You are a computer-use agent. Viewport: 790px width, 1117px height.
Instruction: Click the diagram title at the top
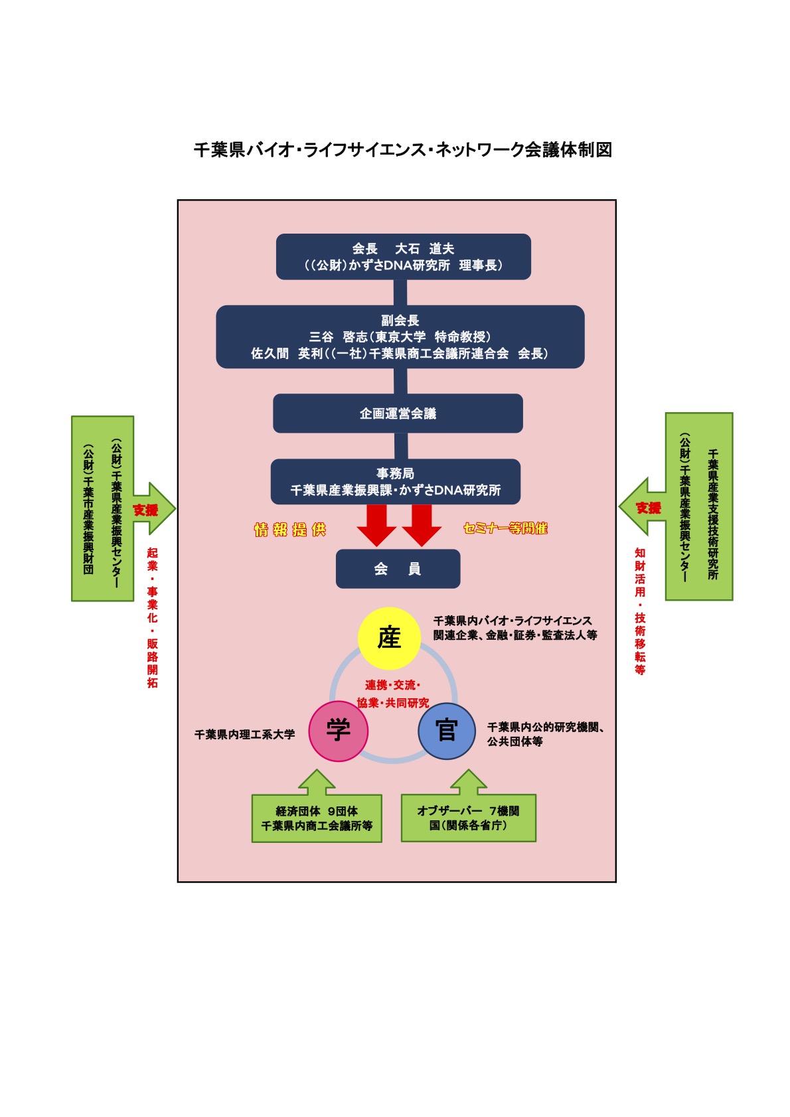(402, 150)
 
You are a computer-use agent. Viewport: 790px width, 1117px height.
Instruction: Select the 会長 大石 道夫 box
(403, 257)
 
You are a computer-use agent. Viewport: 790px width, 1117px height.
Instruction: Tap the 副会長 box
(400, 336)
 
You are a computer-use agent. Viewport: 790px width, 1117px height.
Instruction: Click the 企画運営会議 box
(398, 413)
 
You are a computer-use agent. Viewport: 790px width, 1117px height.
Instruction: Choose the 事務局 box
(395, 482)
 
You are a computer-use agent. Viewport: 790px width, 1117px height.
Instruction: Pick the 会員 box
(398, 569)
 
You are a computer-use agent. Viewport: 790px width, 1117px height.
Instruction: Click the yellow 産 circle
(389, 638)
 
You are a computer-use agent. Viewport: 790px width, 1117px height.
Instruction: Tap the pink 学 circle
(338, 731)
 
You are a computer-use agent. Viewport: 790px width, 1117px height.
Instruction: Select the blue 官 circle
(447, 731)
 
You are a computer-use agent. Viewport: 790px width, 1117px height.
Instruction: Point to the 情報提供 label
(290, 530)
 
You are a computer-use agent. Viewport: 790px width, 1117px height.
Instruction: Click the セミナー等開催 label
(505, 528)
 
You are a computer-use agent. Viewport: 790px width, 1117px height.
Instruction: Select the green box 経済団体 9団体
(317, 818)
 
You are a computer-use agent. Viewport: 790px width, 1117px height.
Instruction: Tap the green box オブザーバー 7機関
(468, 818)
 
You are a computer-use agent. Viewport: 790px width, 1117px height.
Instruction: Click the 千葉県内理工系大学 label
(244, 735)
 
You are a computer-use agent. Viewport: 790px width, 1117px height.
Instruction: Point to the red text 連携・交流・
(392, 685)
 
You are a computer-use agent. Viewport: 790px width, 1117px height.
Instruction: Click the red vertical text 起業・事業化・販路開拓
(153, 617)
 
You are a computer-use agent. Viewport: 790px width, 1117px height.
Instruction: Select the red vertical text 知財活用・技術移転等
(640, 611)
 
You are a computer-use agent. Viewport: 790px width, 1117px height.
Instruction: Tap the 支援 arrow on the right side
(641, 508)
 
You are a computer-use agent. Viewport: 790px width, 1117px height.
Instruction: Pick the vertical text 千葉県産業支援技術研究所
(713, 514)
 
